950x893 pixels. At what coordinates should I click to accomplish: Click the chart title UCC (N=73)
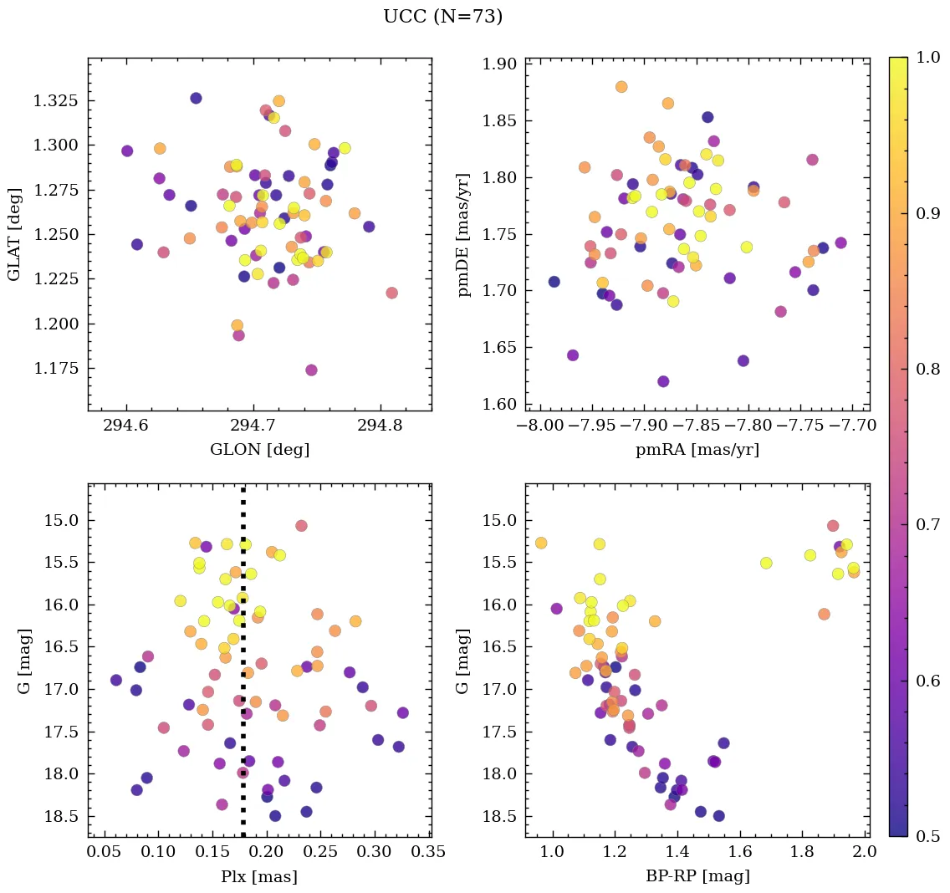coord(442,17)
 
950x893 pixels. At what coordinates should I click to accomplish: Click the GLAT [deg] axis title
coord(14,234)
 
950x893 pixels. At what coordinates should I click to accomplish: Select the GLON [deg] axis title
coord(259,450)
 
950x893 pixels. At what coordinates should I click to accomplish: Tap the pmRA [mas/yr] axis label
coord(697,450)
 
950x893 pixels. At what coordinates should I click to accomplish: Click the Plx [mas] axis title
coord(259,876)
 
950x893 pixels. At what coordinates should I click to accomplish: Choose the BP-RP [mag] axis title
coord(697,876)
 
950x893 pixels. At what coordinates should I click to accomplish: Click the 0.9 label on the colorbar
coord(925,213)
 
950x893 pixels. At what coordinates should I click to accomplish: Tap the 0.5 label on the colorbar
coord(925,836)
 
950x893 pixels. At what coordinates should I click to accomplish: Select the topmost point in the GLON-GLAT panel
coord(196,98)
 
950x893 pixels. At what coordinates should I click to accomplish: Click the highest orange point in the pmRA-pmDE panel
coord(621,87)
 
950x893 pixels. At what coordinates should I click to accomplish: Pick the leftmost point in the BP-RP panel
coord(541,543)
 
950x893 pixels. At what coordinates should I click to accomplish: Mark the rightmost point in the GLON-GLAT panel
coord(391,293)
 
